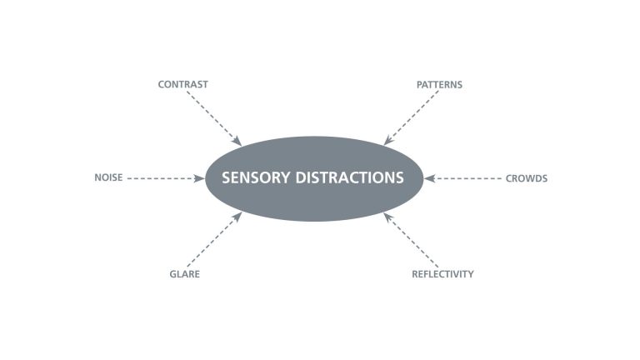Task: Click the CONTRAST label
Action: click(x=182, y=84)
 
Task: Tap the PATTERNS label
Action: click(x=439, y=84)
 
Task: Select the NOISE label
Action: click(x=108, y=178)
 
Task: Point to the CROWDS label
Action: click(x=527, y=178)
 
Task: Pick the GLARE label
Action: click(x=185, y=274)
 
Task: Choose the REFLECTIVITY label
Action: click(x=442, y=274)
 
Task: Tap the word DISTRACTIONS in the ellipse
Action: click(x=350, y=178)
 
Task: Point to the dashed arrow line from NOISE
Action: click(x=162, y=178)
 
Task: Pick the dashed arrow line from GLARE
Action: click(x=212, y=240)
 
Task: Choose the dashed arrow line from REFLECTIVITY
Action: click(x=412, y=240)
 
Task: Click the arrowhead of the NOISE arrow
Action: click(x=200, y=178)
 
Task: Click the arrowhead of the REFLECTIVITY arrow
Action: click(x=388, y=217)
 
